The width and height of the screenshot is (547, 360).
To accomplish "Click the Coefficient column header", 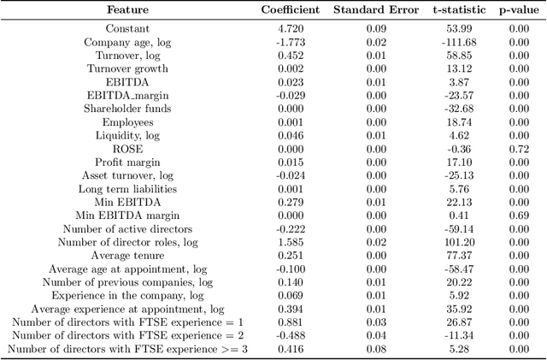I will (290, 10).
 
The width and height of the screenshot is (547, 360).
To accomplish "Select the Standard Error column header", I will (377, 10).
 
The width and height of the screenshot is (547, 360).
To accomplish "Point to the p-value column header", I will (518, 10).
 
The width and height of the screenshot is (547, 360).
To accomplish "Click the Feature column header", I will (127, 10).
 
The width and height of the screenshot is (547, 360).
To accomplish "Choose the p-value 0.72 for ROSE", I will (518, 148).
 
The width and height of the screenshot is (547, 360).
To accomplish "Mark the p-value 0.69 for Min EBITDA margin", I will (518, 215).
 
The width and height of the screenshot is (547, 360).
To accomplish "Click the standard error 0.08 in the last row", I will (377, 349).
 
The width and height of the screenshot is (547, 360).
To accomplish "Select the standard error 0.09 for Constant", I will (377, 28).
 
